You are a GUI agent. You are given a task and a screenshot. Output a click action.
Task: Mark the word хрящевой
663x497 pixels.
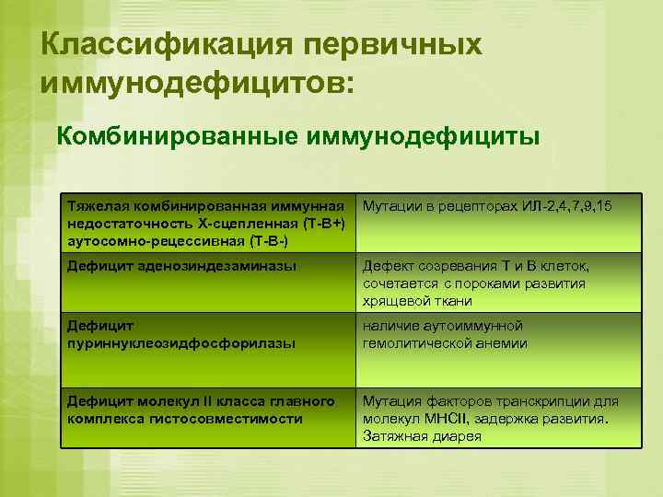[393, 300]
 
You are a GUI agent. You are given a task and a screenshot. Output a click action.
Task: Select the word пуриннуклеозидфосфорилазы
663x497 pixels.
[181, 342]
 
